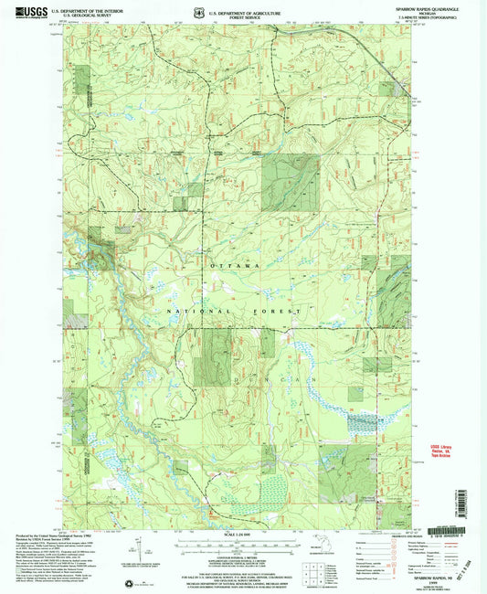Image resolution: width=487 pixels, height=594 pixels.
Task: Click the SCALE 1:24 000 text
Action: click(x=244, y=533)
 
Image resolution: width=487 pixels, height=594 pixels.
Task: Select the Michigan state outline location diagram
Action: click(x=278, y=568)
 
